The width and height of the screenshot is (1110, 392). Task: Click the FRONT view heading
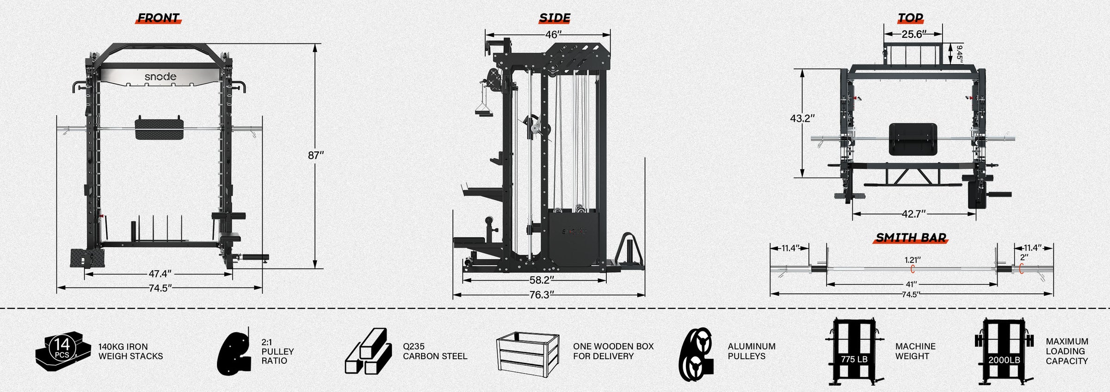pyautogui.click(x=158, y=18)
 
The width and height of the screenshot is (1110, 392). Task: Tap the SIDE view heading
pyautogui.click(x=555, y=18)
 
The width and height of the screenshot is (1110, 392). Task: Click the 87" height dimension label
pyautogui.click(x=316, y=156)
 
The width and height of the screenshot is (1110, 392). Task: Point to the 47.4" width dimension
pyautogui.click(x=160, y=274)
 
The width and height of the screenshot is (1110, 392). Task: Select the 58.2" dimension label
pyautogui.click(x=542, y=280)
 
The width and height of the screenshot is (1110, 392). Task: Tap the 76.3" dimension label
pyautogui.click(x=542, y=295)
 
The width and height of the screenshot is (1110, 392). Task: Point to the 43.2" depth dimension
pyautogui.click(x=802, y=118)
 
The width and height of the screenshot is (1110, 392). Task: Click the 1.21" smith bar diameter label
pyautogui.click(x=913, y=261)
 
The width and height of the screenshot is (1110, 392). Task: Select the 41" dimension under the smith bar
pyautogui.click(x=911, y=284)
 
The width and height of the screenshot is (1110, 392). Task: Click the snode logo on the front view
pyautogui.click(x=160, y=76)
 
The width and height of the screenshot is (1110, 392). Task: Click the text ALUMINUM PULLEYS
pyautogui.click(x=751, y=351)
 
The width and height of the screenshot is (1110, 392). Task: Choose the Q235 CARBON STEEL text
pyautogui.click(x=435, y=351)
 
